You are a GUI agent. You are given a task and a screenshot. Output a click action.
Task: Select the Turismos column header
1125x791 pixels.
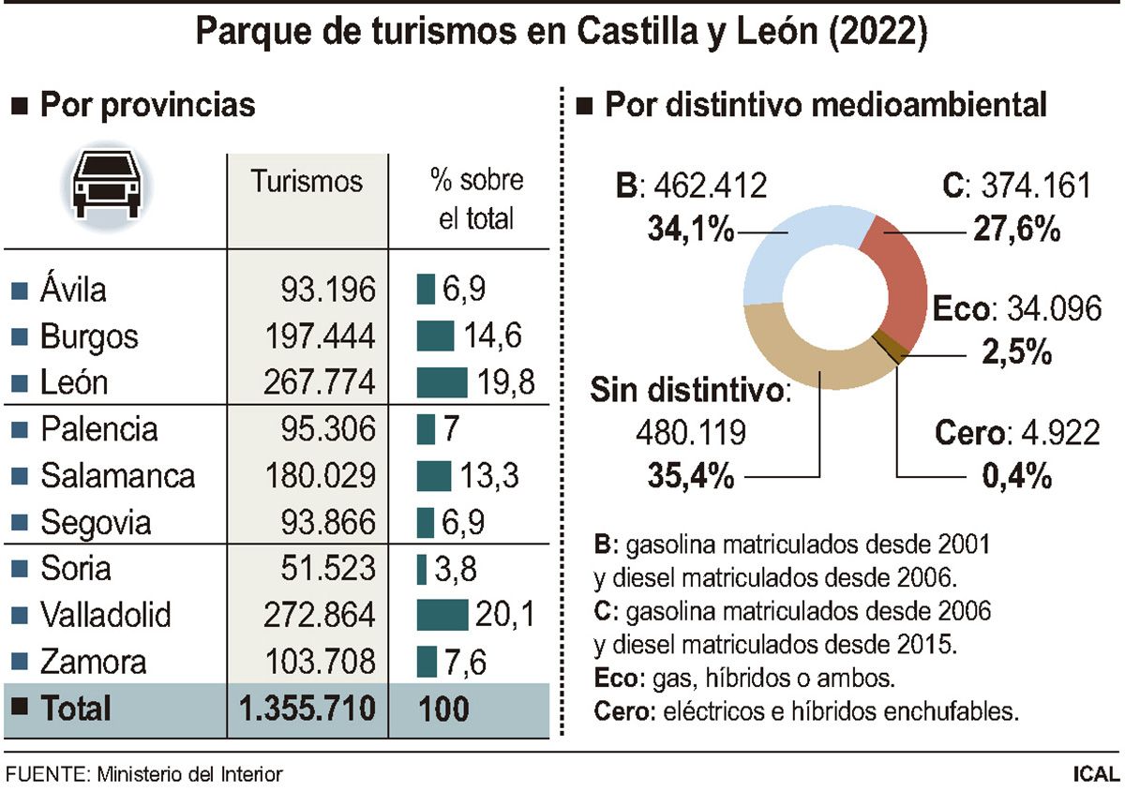pyautogui.click(x=307, y=181)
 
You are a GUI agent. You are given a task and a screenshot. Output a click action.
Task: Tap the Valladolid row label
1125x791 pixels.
pyautogui.click(x=105, y=616)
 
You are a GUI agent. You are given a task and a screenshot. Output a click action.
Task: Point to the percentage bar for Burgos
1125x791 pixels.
pyautogui.click(x=436, y=336)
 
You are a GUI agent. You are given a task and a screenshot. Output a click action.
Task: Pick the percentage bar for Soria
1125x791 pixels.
pyautogui.click(x=421, y=569)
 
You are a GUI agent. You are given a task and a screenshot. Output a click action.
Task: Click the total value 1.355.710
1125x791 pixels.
pyautogui.click(x=307, y=708)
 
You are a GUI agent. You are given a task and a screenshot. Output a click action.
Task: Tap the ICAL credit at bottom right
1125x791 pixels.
pyautogui.click(x=1096, y=774)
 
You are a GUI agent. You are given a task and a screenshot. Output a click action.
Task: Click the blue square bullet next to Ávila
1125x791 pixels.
pyautogui.click(x=18, y=290)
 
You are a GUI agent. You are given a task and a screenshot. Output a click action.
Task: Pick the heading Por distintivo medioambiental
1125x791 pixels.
pyautogui.click(x=825, y=105)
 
